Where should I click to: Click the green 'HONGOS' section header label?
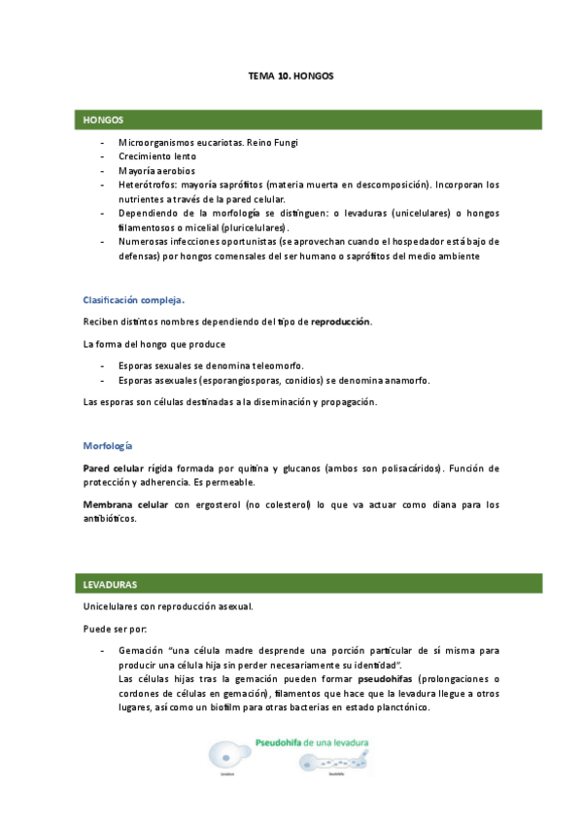pyautogui.click(x=103, y=120)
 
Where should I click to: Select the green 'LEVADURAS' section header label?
pyautogui.click(x=110, y=585)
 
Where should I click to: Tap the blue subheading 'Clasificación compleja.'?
pyautogui.click(x=134, y=299)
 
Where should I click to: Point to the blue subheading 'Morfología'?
pyautogui.click(x=107, y=446)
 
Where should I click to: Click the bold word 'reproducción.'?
pyautogui.click(x=341, y=322)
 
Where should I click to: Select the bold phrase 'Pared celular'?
pyautogui.click(x=114, y=468)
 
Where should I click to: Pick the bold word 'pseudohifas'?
pyautogui.click(x=389, y=678)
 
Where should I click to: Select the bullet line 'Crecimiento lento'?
pyautogui.click(x=157, y=156)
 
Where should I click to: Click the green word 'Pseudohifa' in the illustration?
pyautogui.click(x=278, y=741)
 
